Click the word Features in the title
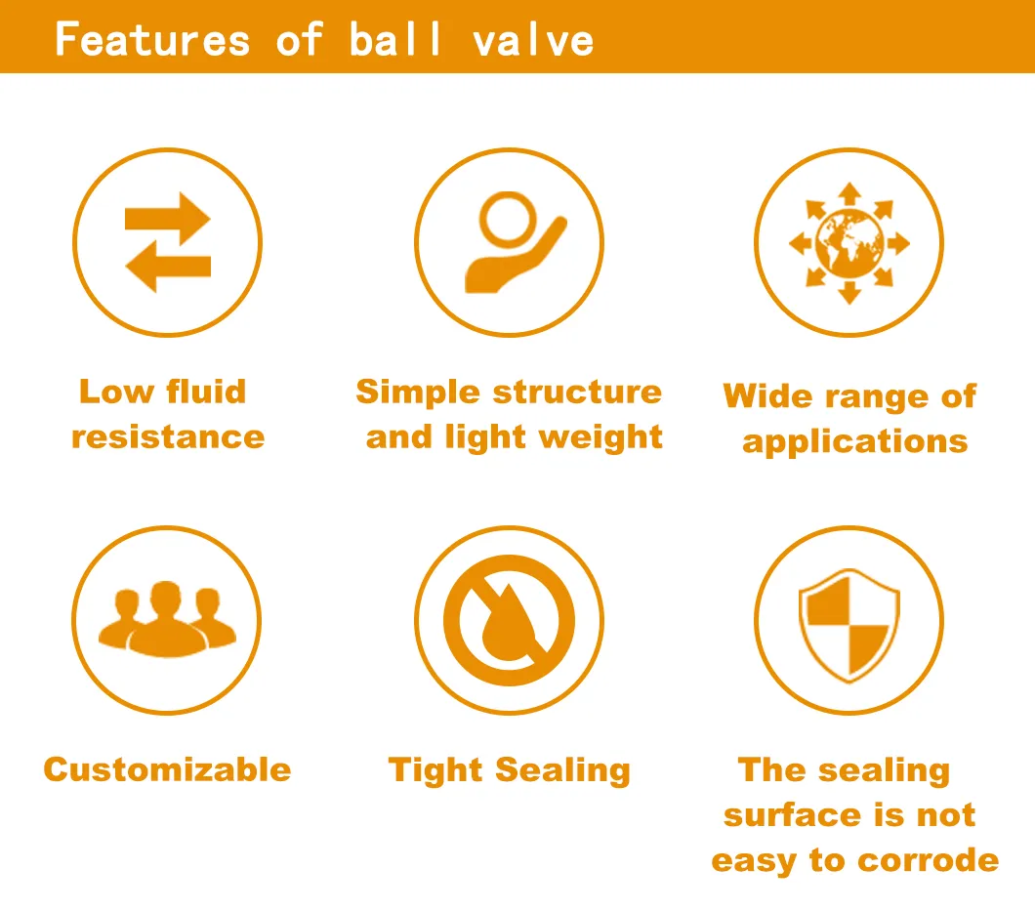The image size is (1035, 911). (x=152, y=39)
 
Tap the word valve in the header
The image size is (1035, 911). (x=532, y=39)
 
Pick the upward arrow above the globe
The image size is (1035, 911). (x=849, y=192)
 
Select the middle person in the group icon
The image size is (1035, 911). (x=166, y=618)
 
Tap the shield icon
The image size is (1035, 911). (x=849, y=621)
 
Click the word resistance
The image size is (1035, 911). (x=168, y=436)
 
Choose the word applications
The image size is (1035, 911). (x=854, y=441)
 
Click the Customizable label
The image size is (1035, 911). (x=167, y=769)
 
